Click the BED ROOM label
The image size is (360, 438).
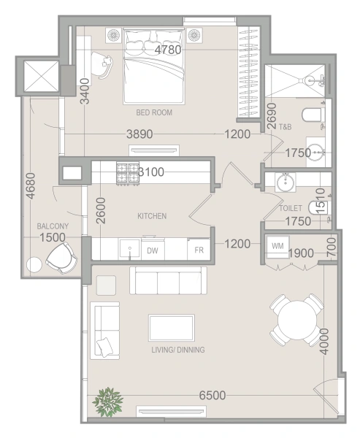[154, 112]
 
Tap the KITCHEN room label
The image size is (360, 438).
[152, 216]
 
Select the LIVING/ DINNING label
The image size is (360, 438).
[178, 350]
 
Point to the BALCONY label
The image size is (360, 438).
[53, 226]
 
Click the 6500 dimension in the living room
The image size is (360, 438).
[212, 395]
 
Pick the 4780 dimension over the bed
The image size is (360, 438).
[168, 50]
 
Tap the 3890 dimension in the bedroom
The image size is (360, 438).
[139, 134]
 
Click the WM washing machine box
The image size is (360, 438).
[277, 247]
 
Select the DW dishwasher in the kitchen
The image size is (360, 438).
[153, 250]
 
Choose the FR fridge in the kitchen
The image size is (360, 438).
[199, 250]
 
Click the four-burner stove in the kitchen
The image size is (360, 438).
[128, 174]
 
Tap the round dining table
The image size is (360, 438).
[297, 320]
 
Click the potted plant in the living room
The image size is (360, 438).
[108, 402]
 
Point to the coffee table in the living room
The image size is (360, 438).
[172, 328]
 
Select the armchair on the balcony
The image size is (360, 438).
[62, 258]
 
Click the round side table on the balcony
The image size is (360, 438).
[34, 264]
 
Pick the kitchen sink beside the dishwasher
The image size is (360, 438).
[130, 249]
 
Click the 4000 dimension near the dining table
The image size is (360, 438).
[324, 342]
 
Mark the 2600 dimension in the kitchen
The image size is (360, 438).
[101, 211]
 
